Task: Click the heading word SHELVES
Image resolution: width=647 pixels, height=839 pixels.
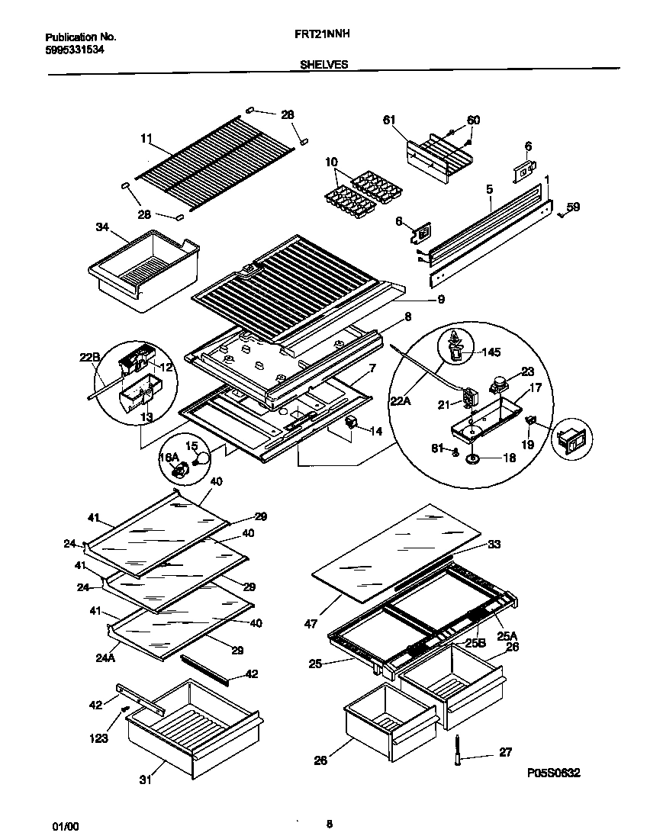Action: pos(319,65)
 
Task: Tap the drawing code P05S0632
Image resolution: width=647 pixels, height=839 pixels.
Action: pos(553,772)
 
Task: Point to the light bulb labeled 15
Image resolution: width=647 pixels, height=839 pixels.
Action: pos(200,458)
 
